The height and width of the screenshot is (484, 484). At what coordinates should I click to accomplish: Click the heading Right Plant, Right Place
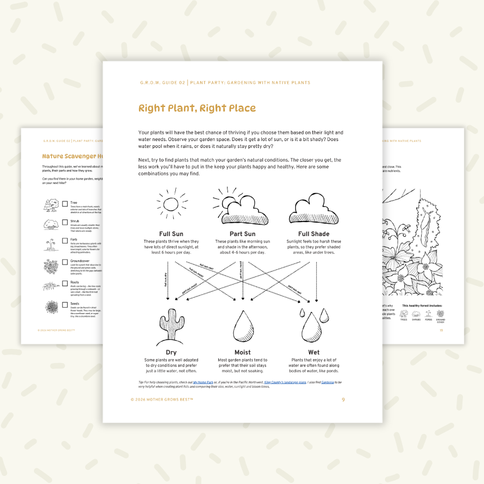(x=197, y=108)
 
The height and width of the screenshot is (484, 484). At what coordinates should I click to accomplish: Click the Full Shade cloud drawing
(x=314, y=210)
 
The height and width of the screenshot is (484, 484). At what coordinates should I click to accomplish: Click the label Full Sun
(x=172, y=234)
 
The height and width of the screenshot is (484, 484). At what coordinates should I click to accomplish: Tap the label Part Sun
(x=242, y=234)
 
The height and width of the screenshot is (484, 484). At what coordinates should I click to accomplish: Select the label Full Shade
(x=314, y=234)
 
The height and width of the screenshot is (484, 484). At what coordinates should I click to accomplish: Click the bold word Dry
(x=171, y=353)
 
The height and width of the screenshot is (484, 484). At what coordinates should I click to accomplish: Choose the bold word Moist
(x=243, y=353)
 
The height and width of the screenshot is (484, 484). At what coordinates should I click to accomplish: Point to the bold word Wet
(x=314, y=353)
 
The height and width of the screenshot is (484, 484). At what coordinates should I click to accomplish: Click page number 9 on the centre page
(x=343, y=400)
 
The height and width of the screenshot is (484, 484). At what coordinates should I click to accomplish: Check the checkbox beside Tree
(x=65, y=204)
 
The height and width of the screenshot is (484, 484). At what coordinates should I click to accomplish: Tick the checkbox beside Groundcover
(x=65, y=263)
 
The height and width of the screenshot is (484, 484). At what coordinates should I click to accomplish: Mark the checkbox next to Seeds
(x=65, y=305)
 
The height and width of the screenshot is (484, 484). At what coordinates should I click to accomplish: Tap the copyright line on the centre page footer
(x=161, y=400)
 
